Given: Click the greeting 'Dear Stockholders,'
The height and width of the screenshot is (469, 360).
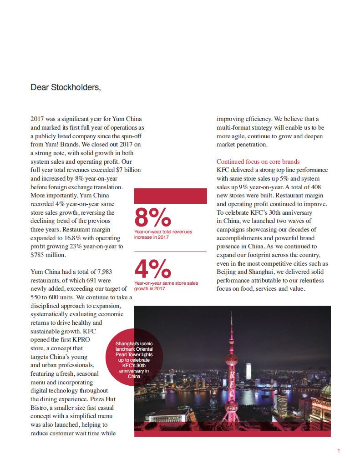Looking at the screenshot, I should coord(66,87).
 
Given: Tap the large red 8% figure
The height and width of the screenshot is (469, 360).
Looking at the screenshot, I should coord(152,217).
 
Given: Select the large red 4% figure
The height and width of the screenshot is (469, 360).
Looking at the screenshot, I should coord(152,269).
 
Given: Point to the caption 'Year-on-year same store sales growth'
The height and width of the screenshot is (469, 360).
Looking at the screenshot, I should coord(166,286).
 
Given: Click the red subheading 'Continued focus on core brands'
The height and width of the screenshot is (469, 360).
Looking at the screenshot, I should coord(258,161).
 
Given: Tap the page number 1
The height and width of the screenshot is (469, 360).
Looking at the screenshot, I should coord(339,451).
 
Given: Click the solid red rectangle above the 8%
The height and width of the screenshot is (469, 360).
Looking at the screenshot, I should coord(170,196).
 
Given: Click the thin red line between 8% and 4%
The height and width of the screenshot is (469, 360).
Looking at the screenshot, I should coord(170,252).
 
